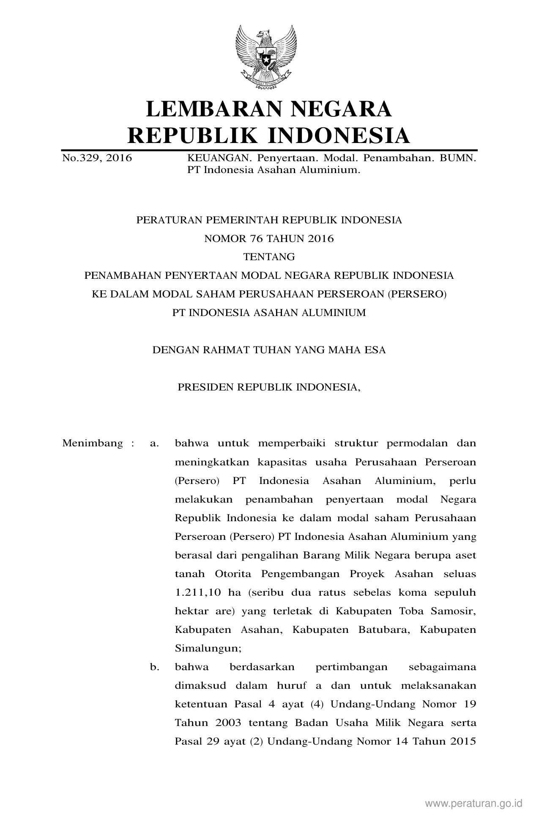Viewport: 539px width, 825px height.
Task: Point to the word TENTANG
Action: point(269,257)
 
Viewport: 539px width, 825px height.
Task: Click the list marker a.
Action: point(154,443)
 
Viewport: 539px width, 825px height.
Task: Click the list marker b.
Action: point(154,667)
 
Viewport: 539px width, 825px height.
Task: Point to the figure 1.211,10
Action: point(198,592)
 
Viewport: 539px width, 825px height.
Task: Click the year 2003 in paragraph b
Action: point(228,723)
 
